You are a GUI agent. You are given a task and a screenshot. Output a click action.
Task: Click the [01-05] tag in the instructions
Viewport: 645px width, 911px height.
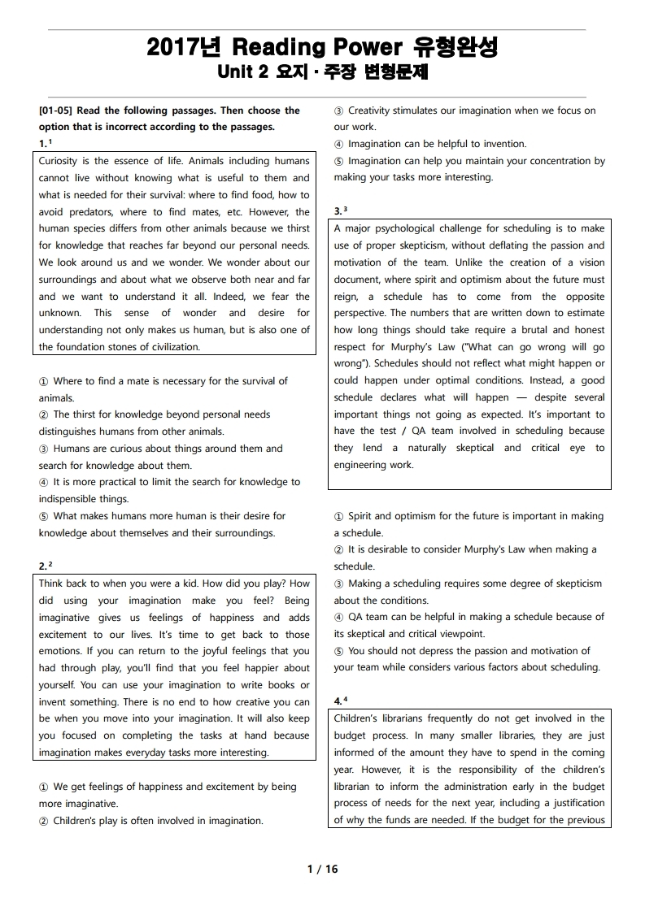point(56,111)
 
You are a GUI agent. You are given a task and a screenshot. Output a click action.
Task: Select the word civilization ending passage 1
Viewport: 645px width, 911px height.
point(165,347)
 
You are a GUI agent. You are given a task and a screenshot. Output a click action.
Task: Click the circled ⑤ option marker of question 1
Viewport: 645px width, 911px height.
point(44,516)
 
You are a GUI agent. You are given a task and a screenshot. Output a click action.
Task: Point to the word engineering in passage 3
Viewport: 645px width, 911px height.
point(363,465)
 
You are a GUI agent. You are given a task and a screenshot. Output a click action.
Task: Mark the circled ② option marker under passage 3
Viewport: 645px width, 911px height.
point(339,549)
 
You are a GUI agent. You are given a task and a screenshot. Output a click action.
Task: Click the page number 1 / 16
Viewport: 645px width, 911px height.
point(322,869)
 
